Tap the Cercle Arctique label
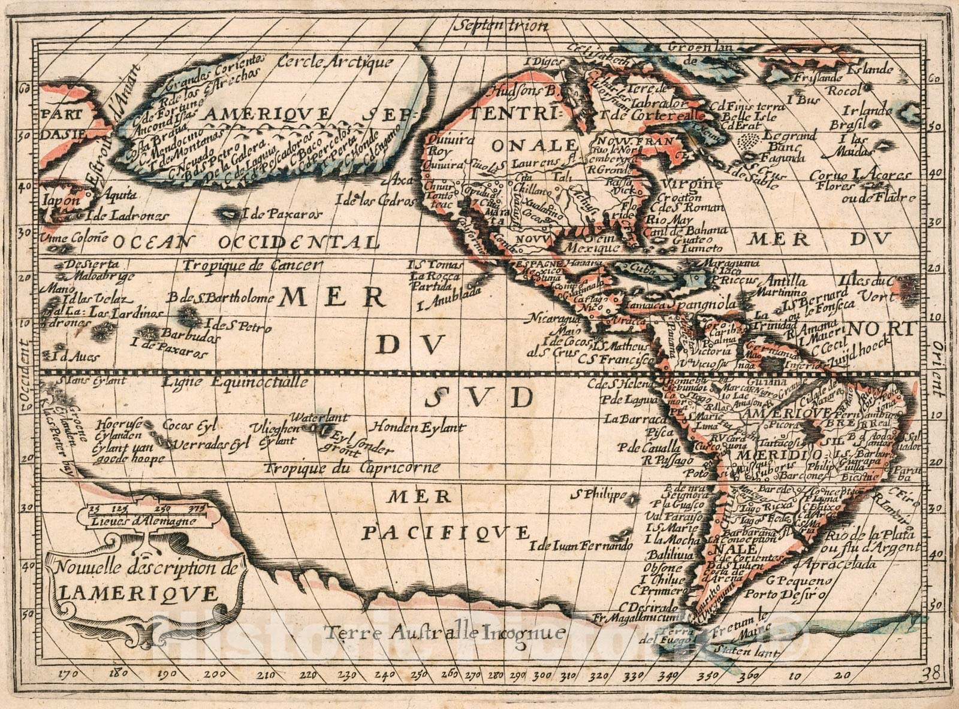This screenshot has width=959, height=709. pos(335,62)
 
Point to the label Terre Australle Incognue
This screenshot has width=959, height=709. pos(444,633)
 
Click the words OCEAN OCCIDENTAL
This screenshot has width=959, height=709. pos(246,242)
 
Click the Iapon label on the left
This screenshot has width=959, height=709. pos(60,201)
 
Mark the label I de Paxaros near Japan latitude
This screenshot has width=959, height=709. pos(282,214)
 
